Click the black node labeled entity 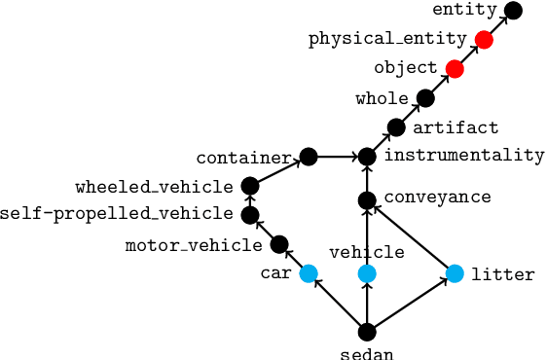[x=513, y=11]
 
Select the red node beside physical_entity [x=484, y=40]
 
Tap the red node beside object [x=455, y=68]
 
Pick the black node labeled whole [x=425, y=97]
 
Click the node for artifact [x=396, y=127]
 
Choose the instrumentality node [x=367, y=156]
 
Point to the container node [x=309, y=156]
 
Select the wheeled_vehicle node [x=250, y=186]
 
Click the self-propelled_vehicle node [x=250, y=215]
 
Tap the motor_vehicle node [x=279, y=244]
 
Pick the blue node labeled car [x=309, y=273]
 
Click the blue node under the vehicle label [x=367, y=273]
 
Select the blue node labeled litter [x=455, y=273]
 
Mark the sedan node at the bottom [x=367, y=332]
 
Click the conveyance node [x=367, y=200]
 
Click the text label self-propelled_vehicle [x=117, y=215]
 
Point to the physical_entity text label [x=386, y=40]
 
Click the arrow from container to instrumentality [x=338, y=156]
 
